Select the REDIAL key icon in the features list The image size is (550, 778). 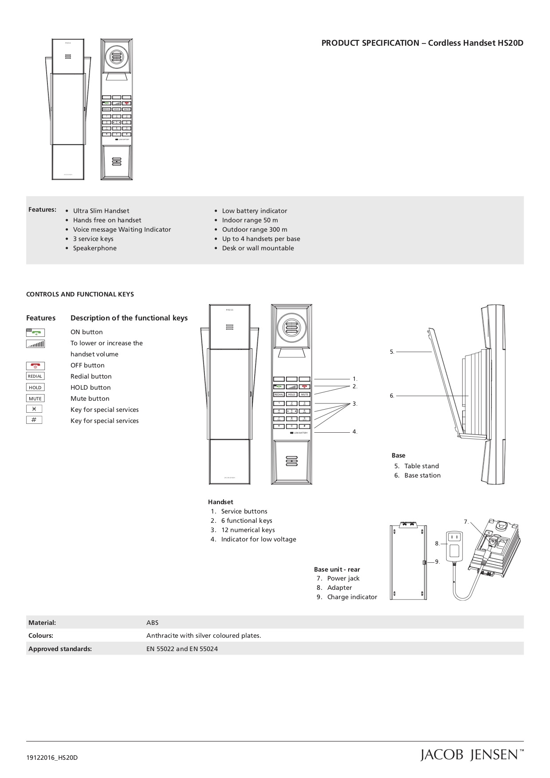coord(35,376)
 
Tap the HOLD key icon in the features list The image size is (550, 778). coord(35,387)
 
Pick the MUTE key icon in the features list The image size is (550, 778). coord(35,399)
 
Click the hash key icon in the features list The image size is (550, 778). coord(34,420)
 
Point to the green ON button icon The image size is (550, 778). coord(35,332)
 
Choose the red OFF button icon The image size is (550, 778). coord(35,366)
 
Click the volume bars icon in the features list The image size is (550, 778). coord(35,344)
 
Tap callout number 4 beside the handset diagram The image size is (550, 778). coord(355,432)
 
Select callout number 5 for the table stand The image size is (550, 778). coord(392,352)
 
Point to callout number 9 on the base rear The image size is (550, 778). coord(437,562)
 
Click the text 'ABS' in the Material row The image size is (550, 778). coord(152,623)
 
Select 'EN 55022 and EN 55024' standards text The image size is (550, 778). coord(182,649)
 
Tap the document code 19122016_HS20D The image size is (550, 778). coord(52,758)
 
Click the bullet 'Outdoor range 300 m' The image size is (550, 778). coord(254,229)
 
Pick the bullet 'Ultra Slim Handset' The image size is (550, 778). coord(101,211)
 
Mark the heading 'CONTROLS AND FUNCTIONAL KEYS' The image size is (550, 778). coord(80,294)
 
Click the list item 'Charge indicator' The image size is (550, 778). coord(352,597)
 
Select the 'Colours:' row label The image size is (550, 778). coord(41,636)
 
